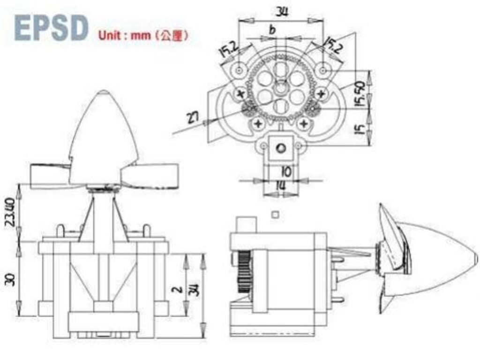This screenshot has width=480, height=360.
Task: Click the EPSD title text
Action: [52, 28]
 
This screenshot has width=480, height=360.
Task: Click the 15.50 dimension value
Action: [360, 94]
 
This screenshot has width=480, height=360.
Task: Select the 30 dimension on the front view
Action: [10, 279]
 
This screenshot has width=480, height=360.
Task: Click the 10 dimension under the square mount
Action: [285, 172]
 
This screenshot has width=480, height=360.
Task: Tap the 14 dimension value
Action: [280, 186]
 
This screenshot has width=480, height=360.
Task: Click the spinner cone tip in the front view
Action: [104, 92]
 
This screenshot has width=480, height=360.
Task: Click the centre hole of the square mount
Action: [281, 148]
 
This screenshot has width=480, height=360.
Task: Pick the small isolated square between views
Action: [276, 214]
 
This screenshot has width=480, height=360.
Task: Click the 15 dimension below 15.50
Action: [360, 128]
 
